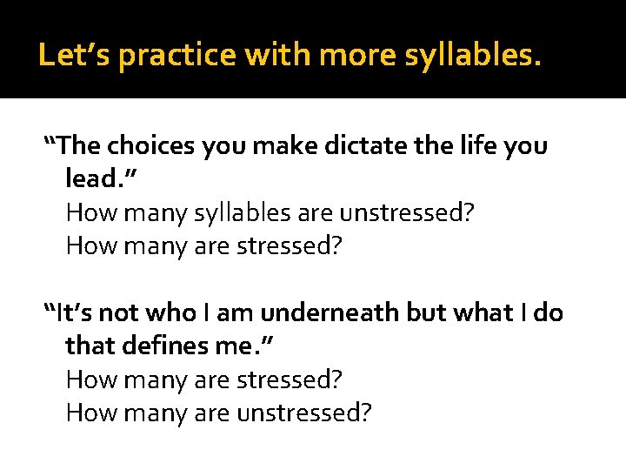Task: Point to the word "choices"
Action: [151, 145]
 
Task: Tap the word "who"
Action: [181, 312]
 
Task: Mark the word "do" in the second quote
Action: [548, 312]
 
